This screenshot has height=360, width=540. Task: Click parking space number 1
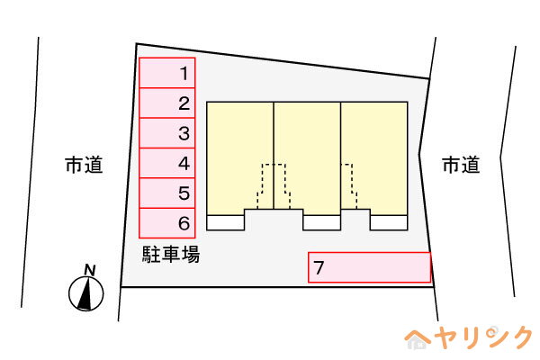(x=167, y=73)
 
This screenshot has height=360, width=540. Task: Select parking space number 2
(x=167, y=103)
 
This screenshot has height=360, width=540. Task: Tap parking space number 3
(x=167, y=133)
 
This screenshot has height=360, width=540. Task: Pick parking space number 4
(x=167, y=163)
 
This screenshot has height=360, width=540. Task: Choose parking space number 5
(x=167, y=193)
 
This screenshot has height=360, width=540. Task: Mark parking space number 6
(x=167, y=223)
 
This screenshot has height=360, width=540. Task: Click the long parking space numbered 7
(x=370, y=267)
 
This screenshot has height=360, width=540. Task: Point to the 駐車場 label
(x=171, y=255)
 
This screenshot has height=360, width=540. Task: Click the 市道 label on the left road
(x=84, y=165)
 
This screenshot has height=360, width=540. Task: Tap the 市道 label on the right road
(x=461, y=165)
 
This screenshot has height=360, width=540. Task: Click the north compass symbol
(x=86, y=293)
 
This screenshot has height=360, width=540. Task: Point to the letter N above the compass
(x=90, y=270)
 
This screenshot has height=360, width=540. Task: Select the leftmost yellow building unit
(x=240, y=158)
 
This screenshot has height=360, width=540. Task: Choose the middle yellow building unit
(x=307, y=158)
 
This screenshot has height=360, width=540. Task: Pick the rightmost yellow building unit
(x=374, y=158)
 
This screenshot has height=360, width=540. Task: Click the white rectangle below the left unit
(x=226, y=223)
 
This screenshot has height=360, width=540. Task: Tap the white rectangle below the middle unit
(x=321, y=223)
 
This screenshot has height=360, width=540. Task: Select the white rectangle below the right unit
(x=389, y=223)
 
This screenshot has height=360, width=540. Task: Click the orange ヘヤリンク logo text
(x=468, y=337)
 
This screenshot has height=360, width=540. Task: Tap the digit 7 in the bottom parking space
(x=319, y=267)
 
